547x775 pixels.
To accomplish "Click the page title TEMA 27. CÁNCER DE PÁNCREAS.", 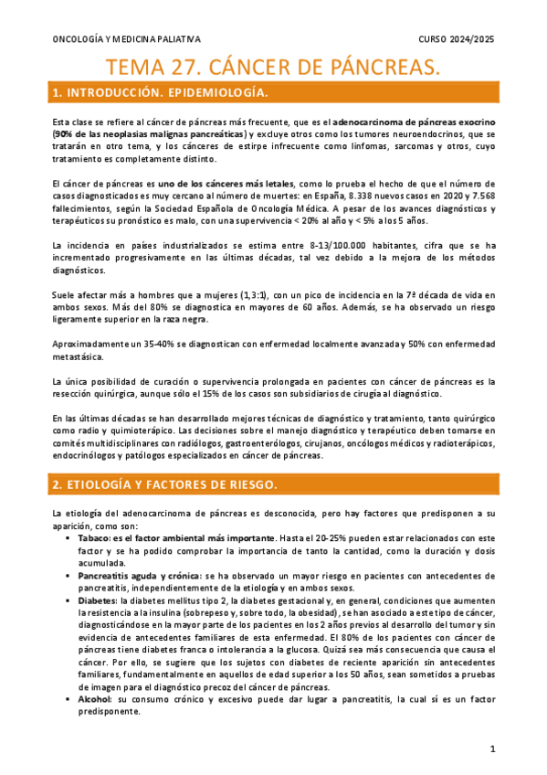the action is pyautogui.click(x=273, y=66).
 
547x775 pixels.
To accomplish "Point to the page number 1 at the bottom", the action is pyautogui.click(x=491, y=748).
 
